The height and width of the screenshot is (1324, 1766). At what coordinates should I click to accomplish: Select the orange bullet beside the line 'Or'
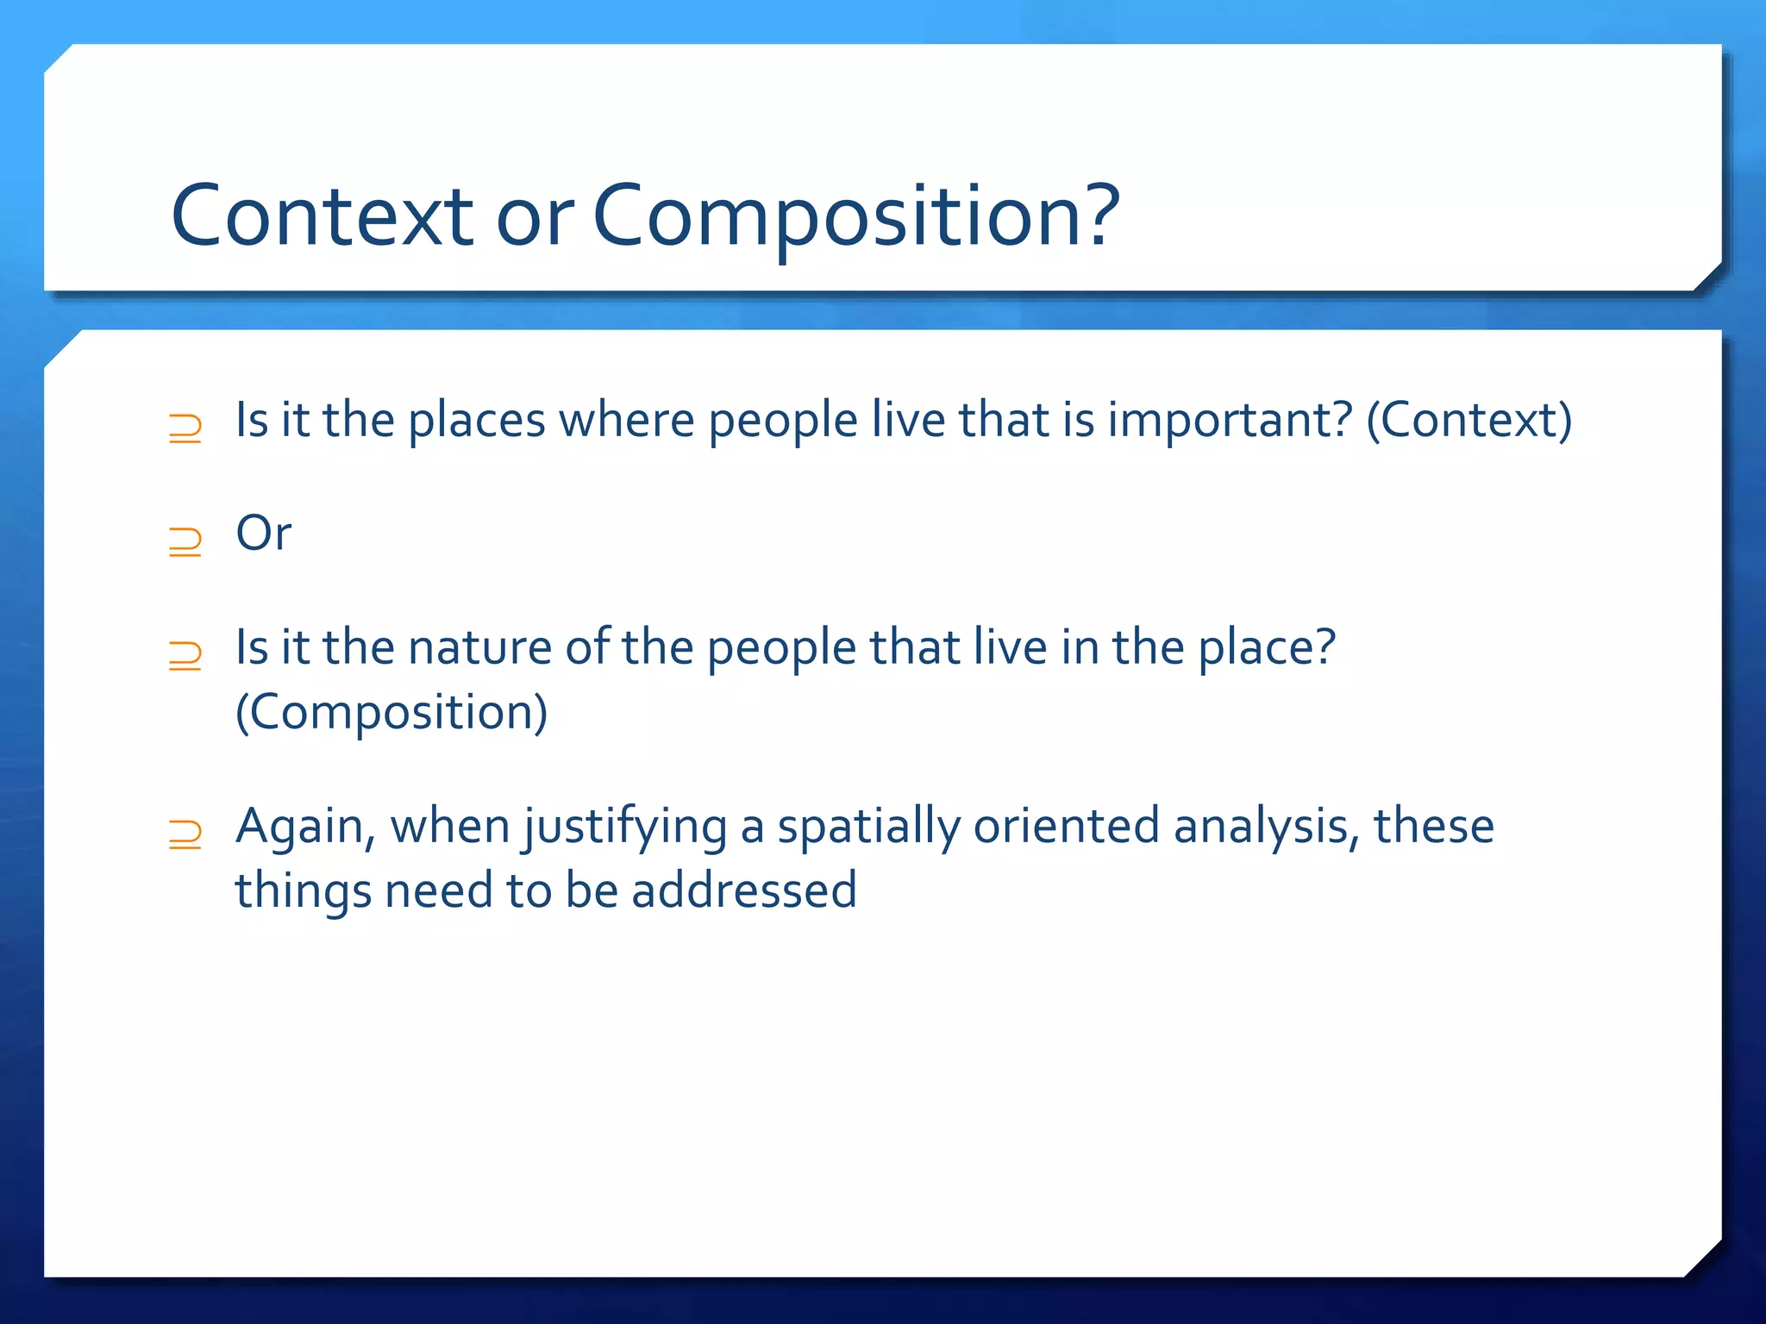coord(185,541)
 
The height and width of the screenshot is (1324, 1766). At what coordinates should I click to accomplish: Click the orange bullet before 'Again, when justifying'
coord(185,834)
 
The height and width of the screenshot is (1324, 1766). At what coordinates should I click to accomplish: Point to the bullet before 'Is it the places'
coord(185,428)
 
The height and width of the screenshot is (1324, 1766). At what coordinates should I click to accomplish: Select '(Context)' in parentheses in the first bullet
coord(1469,421)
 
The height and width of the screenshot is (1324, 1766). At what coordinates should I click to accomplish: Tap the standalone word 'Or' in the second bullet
coord(264,534)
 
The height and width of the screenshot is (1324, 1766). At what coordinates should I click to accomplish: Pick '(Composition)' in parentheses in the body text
coord(391,712)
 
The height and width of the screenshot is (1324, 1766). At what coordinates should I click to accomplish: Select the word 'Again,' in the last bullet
coord(305,827)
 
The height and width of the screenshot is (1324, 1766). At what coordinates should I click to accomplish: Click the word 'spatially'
coord(868,827)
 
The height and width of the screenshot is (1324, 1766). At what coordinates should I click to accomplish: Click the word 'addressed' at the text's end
coord(743,890)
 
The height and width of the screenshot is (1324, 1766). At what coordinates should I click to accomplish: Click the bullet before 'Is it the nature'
coord(185,656)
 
